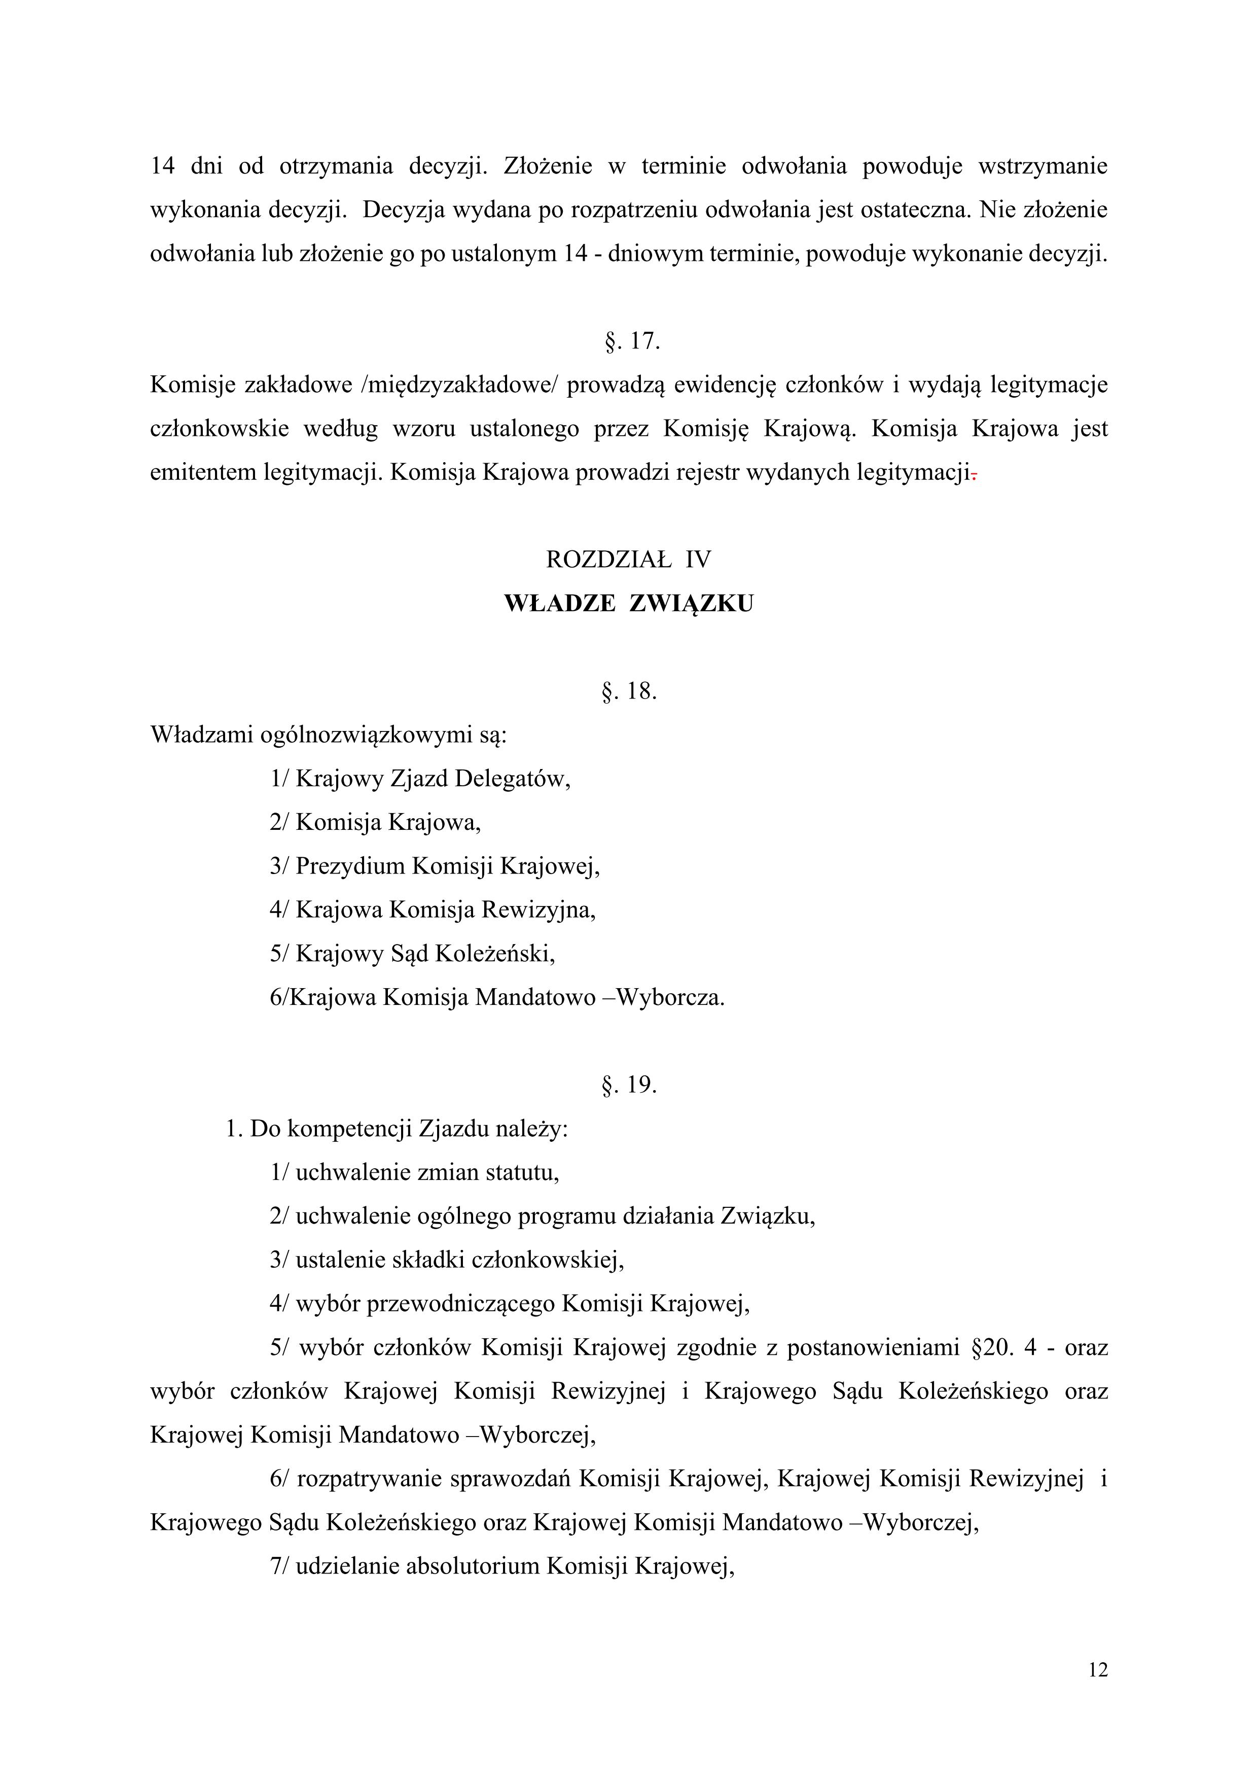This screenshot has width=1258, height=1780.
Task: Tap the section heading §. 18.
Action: [x=629, y=691]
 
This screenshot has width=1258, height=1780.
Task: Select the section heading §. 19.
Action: [x=629, y=1085]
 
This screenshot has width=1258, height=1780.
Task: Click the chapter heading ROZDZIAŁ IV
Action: [x=629, y=559]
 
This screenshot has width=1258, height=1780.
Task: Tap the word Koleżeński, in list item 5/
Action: [x=494, y=954]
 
